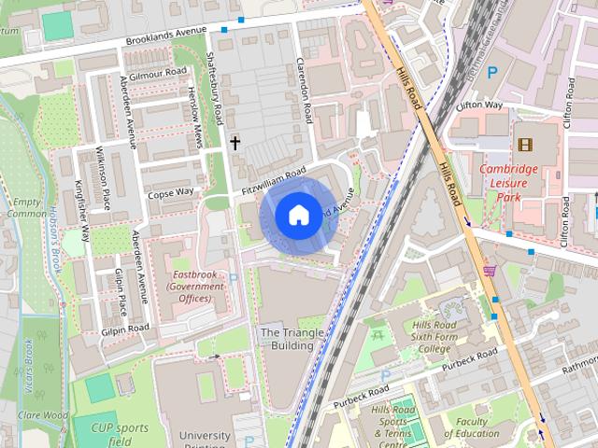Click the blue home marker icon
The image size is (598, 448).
tap(297, 216)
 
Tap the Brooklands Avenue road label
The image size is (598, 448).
tap(165, 42)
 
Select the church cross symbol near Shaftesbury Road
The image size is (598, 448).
tap(235, 143)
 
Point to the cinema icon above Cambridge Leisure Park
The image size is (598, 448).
tap(524, 145)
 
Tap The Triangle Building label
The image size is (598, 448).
tap(286, 339)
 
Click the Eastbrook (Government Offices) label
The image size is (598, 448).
tap(195, 287)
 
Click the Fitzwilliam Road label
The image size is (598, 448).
tap(273, 180)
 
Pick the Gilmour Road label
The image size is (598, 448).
tap(159, 73)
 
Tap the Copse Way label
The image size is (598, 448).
tap(170, 192)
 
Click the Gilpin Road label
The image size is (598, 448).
tap(125, 329)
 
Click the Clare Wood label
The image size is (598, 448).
tap(41, 414)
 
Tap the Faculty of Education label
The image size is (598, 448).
tap(472, 427)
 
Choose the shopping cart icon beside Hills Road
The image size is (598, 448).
tap(489, 271)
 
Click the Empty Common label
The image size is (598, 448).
tap(25, 207)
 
